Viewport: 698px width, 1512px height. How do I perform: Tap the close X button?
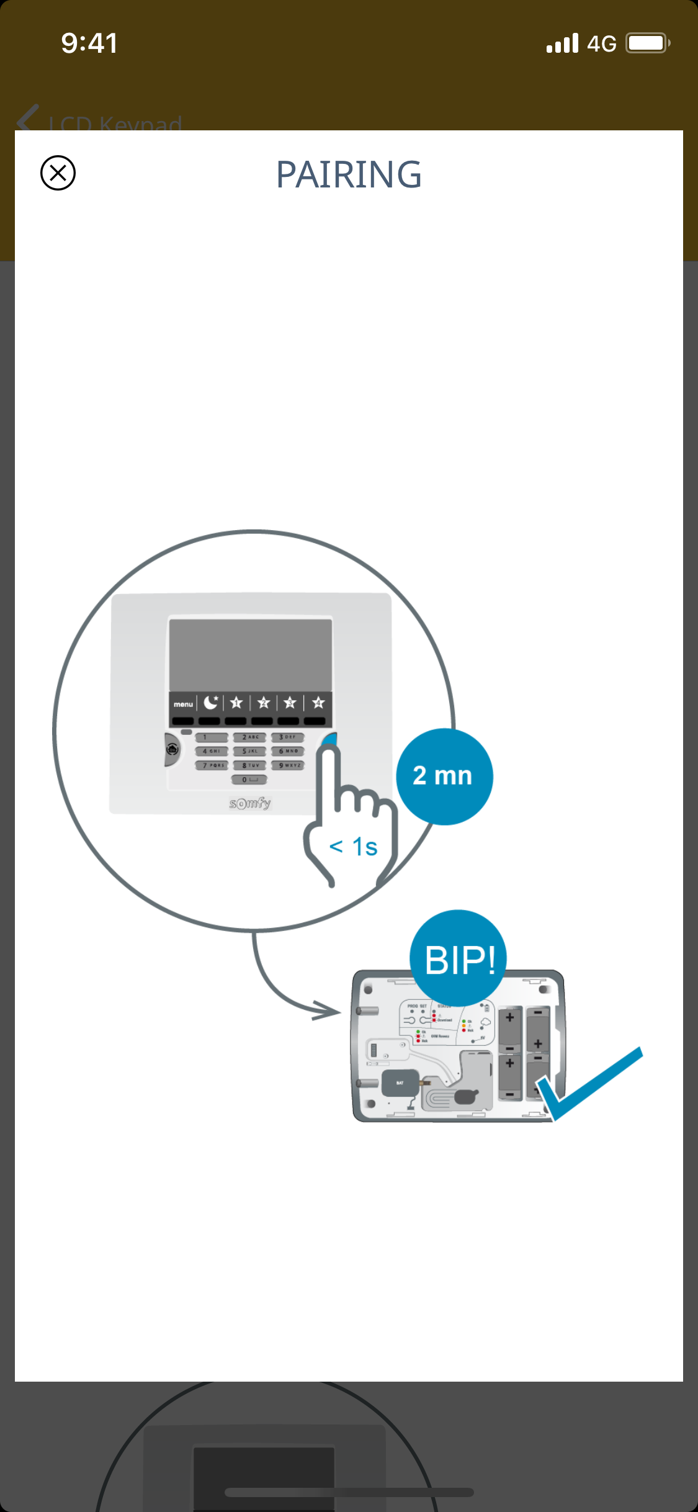(58, 173)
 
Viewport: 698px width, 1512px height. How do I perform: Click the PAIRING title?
(349, 174)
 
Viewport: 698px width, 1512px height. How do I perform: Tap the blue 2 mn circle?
(444, 776)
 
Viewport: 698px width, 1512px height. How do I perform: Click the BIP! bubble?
(459, 959)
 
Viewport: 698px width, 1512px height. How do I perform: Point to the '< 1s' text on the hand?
(353, 847)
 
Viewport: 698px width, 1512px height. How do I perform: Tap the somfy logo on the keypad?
(250, 803)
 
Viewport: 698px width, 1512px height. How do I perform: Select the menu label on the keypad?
(183, 704)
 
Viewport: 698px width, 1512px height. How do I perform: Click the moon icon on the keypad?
(211, 703)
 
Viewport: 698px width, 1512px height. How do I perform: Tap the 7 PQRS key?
(212, 765)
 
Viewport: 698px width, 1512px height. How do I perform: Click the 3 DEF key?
(287, 737)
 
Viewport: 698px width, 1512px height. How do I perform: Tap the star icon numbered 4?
(318, 703)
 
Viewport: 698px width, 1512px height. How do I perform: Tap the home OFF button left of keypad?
(172, 750)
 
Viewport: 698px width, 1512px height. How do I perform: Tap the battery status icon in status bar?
(647, 43)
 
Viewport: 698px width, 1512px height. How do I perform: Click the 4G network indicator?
(601, 44)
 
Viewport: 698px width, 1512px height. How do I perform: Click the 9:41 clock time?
(89, 43)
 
